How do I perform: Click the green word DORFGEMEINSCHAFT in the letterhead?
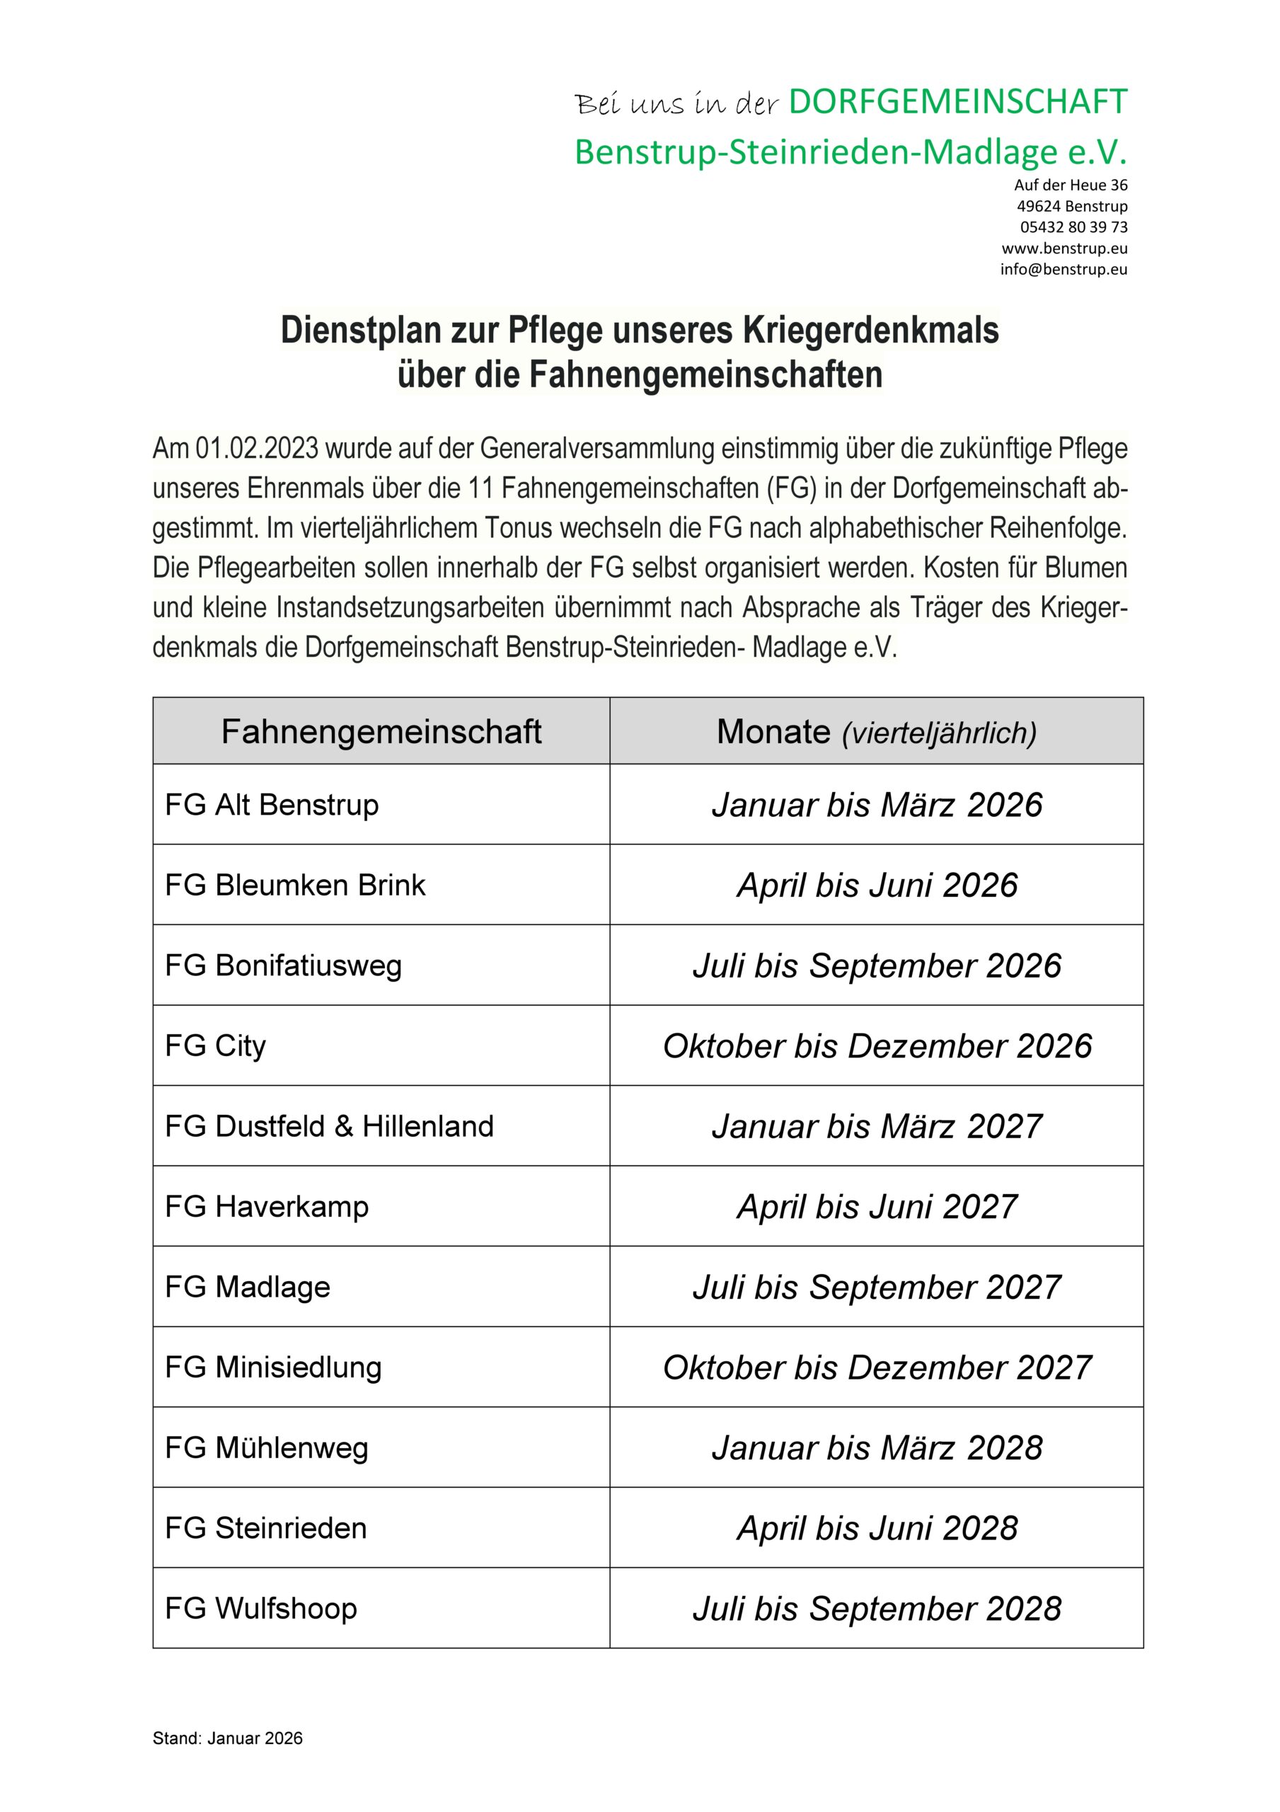(957, 103)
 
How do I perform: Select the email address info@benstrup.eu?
(1063, 269)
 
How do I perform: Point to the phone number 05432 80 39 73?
(1073, 227)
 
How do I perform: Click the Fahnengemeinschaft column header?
(381, 732)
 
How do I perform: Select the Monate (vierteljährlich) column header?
(876, 732)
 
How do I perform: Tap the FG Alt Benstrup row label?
(272, 805)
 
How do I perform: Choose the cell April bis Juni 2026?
(877, 885)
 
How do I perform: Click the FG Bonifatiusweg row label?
(283, 966)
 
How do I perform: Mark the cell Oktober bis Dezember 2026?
(877, 1046)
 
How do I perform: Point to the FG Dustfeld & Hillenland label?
(329, 1126)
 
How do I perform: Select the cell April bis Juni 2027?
(877, 1207)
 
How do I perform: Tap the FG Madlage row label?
(247, 1288)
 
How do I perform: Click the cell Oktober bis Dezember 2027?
(877, 1367)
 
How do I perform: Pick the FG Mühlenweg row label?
(266, 1448)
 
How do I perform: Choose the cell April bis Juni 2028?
(877, 1529)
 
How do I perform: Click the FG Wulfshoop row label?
(260, 1608)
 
